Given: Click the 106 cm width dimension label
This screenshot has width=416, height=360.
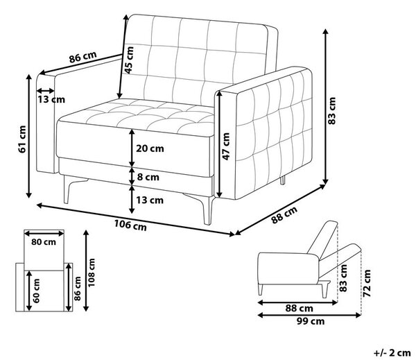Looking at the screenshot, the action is [x=130, y=225].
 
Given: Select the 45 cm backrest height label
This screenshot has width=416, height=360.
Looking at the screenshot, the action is [x=129, y=60].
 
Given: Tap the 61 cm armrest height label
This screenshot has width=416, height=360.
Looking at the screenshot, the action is [x=22, y=139].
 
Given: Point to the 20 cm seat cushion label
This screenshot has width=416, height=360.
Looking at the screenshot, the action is [x=150, y=148].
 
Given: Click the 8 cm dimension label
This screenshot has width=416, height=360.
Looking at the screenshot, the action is [x=148, y=177].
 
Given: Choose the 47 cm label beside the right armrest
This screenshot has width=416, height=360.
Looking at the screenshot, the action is [x=225, y=146].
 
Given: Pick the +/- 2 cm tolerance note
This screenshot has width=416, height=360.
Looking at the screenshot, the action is [x=392, y=353].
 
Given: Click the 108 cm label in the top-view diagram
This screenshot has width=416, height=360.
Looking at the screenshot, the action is [x=92, y=273].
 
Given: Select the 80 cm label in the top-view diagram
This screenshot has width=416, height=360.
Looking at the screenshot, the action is [x=44, y=242].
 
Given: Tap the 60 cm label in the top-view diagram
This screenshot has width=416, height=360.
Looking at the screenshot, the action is [x=36, y=291].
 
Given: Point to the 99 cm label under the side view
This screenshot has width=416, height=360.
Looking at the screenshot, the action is [x=311, y=321].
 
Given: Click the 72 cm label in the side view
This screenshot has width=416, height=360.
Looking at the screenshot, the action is [x=367, y=283].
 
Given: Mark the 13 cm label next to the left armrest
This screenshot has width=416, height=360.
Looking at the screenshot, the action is [x=51, y=100].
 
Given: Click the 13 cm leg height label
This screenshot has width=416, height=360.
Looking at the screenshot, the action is [x=150, y=200].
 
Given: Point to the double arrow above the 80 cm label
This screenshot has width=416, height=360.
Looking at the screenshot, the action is [x=44, y=234].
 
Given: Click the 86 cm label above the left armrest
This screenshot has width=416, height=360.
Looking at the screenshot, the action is [x=83, y=57].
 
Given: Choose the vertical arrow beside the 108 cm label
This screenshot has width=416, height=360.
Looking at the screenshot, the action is [x=86, y=271].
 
